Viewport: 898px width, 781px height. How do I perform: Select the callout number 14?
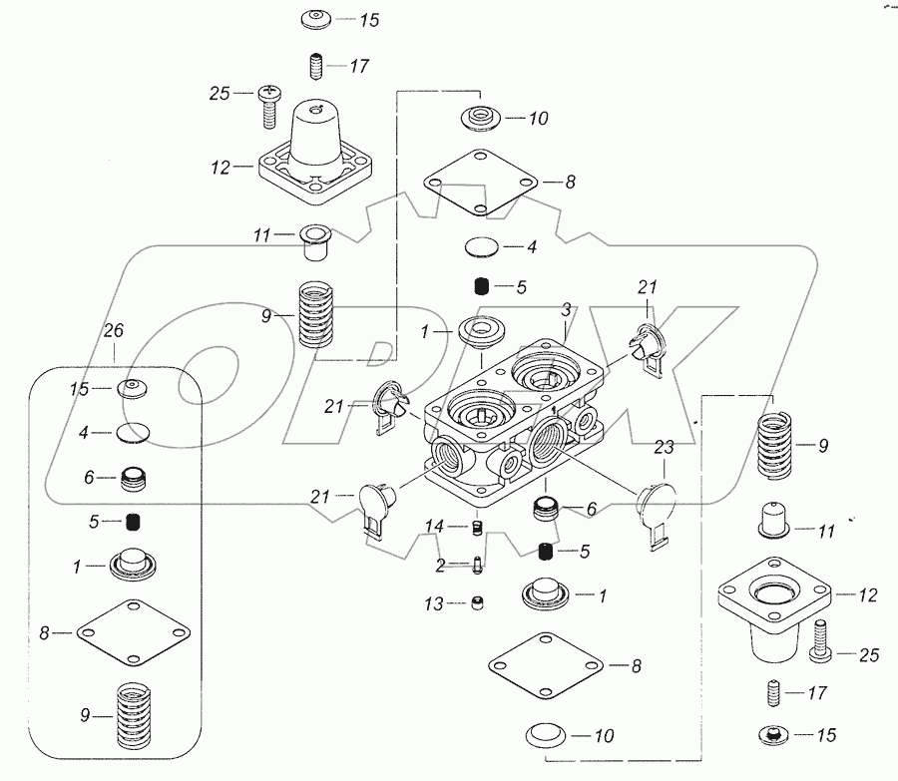[434, 525]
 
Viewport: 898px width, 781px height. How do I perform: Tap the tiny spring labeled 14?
[476, 526]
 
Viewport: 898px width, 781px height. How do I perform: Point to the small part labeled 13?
[478, 600]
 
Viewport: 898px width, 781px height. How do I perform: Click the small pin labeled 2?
[478, 566]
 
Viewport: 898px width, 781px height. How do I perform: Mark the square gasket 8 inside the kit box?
[132, 631]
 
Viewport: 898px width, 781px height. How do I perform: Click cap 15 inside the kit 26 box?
[133, 388]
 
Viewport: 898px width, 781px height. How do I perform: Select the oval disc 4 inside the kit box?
[133, 433]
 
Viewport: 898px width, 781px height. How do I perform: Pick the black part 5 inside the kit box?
[135, 522]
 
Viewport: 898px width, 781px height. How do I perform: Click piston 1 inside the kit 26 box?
[136, 565]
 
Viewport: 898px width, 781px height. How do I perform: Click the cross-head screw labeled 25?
[269, 103]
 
